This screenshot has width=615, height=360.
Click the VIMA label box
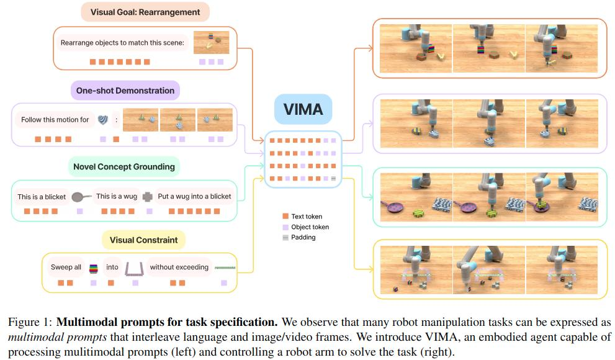pyautogui.click(x=303, y=109)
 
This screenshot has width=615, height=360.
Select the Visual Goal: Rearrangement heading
pyautogui.click(x=145, y=12)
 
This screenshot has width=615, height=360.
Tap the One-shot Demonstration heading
pyautogui.click(x=125, y=91)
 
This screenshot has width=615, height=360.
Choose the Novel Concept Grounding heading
pyautogui.click(x=124, y=167)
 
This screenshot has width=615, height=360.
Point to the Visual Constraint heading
pyautogui.click(x=143, y=240)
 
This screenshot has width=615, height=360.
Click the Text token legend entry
pyautogui.click(x=302, y=217)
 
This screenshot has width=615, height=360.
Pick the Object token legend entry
pyautogui.click(x=306, y=227)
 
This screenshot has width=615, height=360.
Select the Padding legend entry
pyautogui.click(x=299, y=237)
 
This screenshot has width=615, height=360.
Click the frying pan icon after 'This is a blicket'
pyautogui.click(x=81, y=197)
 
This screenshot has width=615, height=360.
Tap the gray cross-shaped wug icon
pyautogui.click(x=148, y=197)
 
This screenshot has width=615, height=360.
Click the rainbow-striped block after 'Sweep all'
pyautogui.click(x=93, y=268)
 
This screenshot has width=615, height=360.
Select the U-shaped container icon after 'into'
pyautogui.click(x=134, y=269)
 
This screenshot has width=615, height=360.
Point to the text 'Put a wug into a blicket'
pyautogui.click(x=194, y=197)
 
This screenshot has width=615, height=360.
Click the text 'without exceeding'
pyautogui.click(x=179, y=267)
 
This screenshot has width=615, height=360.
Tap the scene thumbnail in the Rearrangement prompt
pyautogui.click(x=212, y=43)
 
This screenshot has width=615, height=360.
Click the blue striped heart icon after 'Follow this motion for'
pyautogui.click(x=103, y=120)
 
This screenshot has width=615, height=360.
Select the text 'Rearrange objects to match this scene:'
pyautogui.click(x=122, y=43)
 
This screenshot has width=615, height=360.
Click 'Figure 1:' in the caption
pyautogui.click(x=30, y=322)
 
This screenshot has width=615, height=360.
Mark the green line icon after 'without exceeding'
pyautogui.click(x=225, y=268)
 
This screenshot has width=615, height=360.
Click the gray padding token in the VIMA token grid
pyautogui.click(x=333, y=178)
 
